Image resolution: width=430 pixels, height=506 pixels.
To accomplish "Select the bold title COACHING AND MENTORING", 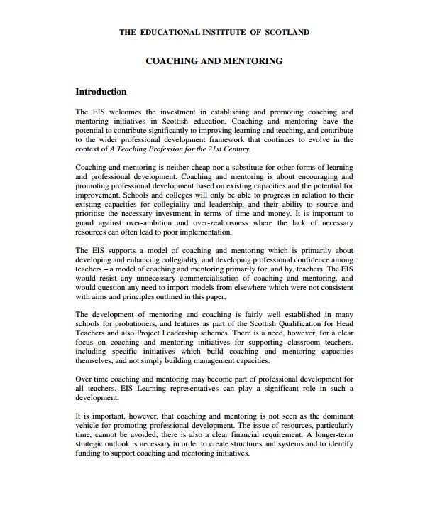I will [214, 61].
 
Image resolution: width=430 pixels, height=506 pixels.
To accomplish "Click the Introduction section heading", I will [101, 92].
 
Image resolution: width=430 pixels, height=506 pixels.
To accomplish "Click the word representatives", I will [192, 389].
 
